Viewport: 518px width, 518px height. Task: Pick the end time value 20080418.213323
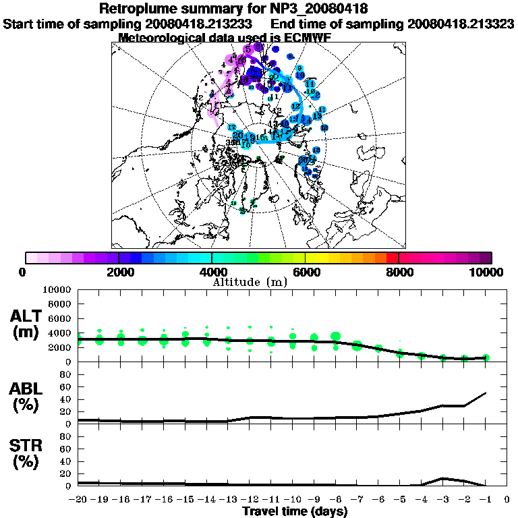[461, 24]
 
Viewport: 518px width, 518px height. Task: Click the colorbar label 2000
[119, 272]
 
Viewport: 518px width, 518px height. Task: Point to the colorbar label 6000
[305, 272]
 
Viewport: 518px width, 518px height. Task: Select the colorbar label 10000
[488, 272]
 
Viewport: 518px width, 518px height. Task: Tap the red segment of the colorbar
[392, 258]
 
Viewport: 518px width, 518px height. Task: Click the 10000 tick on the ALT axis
[55, 289]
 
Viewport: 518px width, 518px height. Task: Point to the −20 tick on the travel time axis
[79, 499]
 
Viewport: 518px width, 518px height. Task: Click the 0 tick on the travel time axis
[507, 499]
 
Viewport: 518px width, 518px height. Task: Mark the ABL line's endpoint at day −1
[486, 393]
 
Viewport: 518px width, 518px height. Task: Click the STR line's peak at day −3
[443, 478]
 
